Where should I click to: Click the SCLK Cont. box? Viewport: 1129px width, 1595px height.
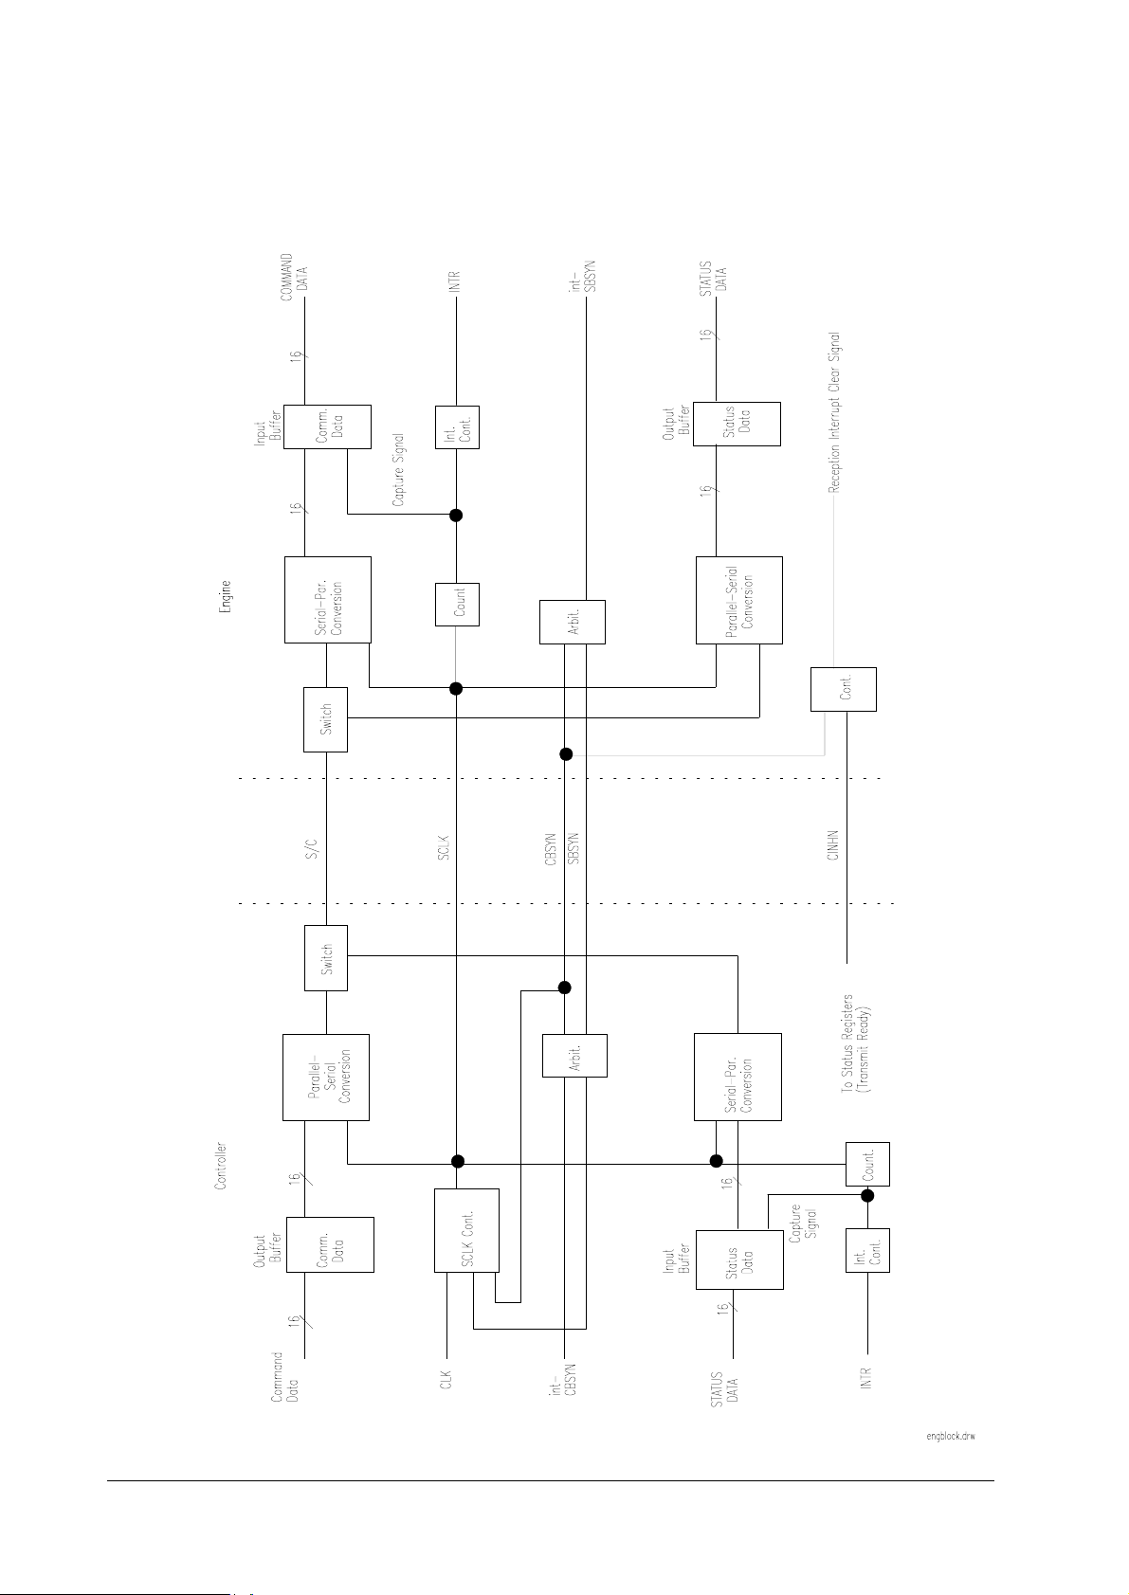pyautogui.click(x=466, y=1229)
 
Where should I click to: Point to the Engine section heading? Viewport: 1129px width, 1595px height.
pyautogui.click(x=226, y=598)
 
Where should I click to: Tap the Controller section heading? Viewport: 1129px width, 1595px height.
pyautogui.click(x=221, y=1166)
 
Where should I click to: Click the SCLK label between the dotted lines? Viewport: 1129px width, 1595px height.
pyautogui.click(x=443, y=847)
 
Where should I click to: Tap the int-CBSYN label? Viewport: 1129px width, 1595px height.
pyautogui.click(x=563, y=1379)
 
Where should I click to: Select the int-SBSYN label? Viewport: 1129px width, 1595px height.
pyautogui.click(x=582, y=276)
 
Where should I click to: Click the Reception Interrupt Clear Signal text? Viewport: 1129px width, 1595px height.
pyautogui.click(x=834, y=412)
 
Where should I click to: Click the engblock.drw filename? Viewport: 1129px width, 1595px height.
pyautogui.click(x=951, y=1436)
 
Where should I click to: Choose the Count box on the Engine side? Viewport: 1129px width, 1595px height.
pyautogui.click(x=457, y=604)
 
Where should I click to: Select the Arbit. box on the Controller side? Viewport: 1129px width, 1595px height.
pyautogui.click(x=574, y=1055)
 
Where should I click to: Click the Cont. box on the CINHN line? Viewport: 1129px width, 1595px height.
pyautogui.click(x=843, y=689)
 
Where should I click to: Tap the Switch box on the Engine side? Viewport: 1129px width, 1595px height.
pyautogui.click(x=325, y=719)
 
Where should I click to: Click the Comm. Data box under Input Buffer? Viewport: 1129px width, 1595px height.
pyautogui.click(x=327, y=427)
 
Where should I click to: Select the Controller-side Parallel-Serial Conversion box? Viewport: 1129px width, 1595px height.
pyautogui.click(x=326, y=1077)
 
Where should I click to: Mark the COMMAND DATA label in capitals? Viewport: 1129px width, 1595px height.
pyautogui.click(x=293, y=277)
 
